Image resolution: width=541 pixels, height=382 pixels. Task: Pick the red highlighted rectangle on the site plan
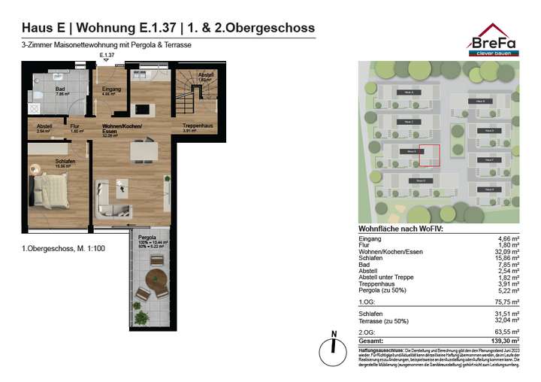coord(428,154)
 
